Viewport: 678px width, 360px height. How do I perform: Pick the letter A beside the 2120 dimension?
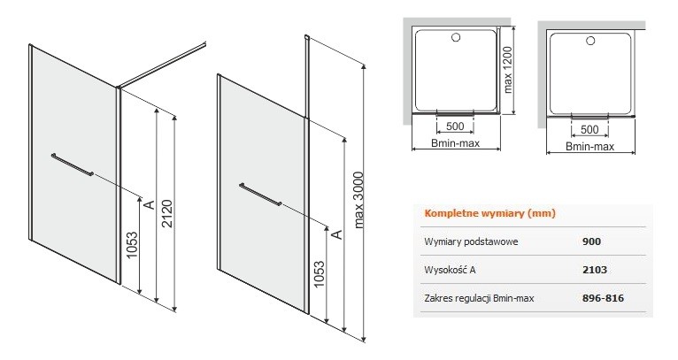pos(149,204)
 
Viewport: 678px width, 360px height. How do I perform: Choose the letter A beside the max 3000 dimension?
pos(337,234)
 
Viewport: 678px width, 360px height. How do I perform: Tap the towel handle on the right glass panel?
pos(260,195)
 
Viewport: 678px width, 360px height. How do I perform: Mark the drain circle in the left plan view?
pos(458,38)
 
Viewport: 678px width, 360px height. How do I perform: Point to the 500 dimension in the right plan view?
pos(589,126)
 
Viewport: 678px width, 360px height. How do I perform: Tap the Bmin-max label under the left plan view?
pos(457,144)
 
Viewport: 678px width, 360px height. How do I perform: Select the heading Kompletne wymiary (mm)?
pos(478,213)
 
